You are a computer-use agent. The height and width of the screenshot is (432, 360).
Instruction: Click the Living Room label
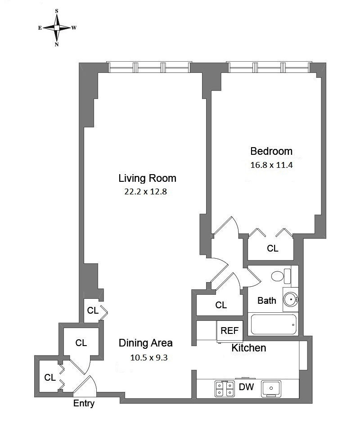[147, 178]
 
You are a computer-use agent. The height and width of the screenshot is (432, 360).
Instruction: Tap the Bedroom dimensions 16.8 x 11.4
[271, 165]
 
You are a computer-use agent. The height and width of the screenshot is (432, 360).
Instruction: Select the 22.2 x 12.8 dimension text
[145, 192]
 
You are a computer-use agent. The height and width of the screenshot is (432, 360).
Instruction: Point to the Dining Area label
[145, 343]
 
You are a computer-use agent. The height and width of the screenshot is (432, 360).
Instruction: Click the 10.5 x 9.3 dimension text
[149, 358]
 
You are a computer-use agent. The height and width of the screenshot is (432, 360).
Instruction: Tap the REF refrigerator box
[229, 331]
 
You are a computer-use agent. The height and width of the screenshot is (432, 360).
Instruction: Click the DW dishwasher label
[246, 387]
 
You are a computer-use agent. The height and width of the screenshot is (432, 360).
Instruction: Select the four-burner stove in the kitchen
[225, 389]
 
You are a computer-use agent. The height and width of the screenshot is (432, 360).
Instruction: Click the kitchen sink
[271, 389]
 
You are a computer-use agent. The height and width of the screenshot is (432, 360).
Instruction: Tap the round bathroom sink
[291, 299]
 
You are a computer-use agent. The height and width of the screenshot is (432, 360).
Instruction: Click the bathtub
[274, 324]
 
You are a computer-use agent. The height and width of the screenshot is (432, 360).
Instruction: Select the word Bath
[267, 300]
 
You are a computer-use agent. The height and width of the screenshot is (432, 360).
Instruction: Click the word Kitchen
[249, 348]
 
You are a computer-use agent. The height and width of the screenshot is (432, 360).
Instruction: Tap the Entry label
[84, 404]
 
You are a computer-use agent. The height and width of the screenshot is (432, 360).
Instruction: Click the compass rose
[57, 27]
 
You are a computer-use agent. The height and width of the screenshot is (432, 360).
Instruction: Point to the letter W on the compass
[74, 27]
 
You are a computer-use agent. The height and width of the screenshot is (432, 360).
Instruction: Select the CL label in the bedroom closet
[272, 248]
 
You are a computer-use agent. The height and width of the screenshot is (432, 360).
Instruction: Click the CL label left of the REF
[221, 305]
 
